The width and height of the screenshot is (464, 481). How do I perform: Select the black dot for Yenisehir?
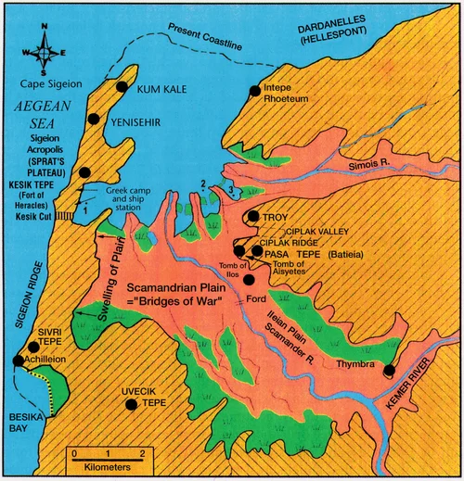(93, 119)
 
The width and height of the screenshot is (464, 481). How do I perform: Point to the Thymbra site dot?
(389, 371)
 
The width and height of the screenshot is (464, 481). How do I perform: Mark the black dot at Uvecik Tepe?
(132, 404)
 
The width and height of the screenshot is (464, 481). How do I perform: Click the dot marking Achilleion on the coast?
(18, 361)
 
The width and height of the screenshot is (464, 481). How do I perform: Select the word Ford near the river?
(258, 299)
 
